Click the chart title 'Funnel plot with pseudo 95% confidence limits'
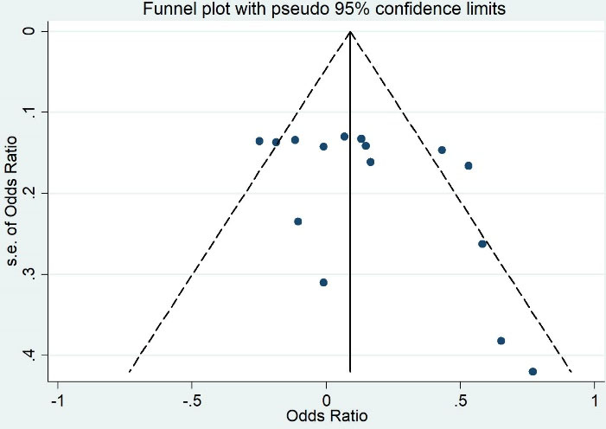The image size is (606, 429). (303, 9)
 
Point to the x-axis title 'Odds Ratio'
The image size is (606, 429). (327, 415)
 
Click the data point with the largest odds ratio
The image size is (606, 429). (533, 371)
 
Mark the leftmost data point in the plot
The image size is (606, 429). (259, 141)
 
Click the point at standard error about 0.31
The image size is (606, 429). (323, 282)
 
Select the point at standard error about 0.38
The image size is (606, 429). (501, 341)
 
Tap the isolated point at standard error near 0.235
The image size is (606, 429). (298, 221)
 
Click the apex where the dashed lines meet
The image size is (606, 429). (350, 31)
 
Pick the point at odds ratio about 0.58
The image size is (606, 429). (482, 244)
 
